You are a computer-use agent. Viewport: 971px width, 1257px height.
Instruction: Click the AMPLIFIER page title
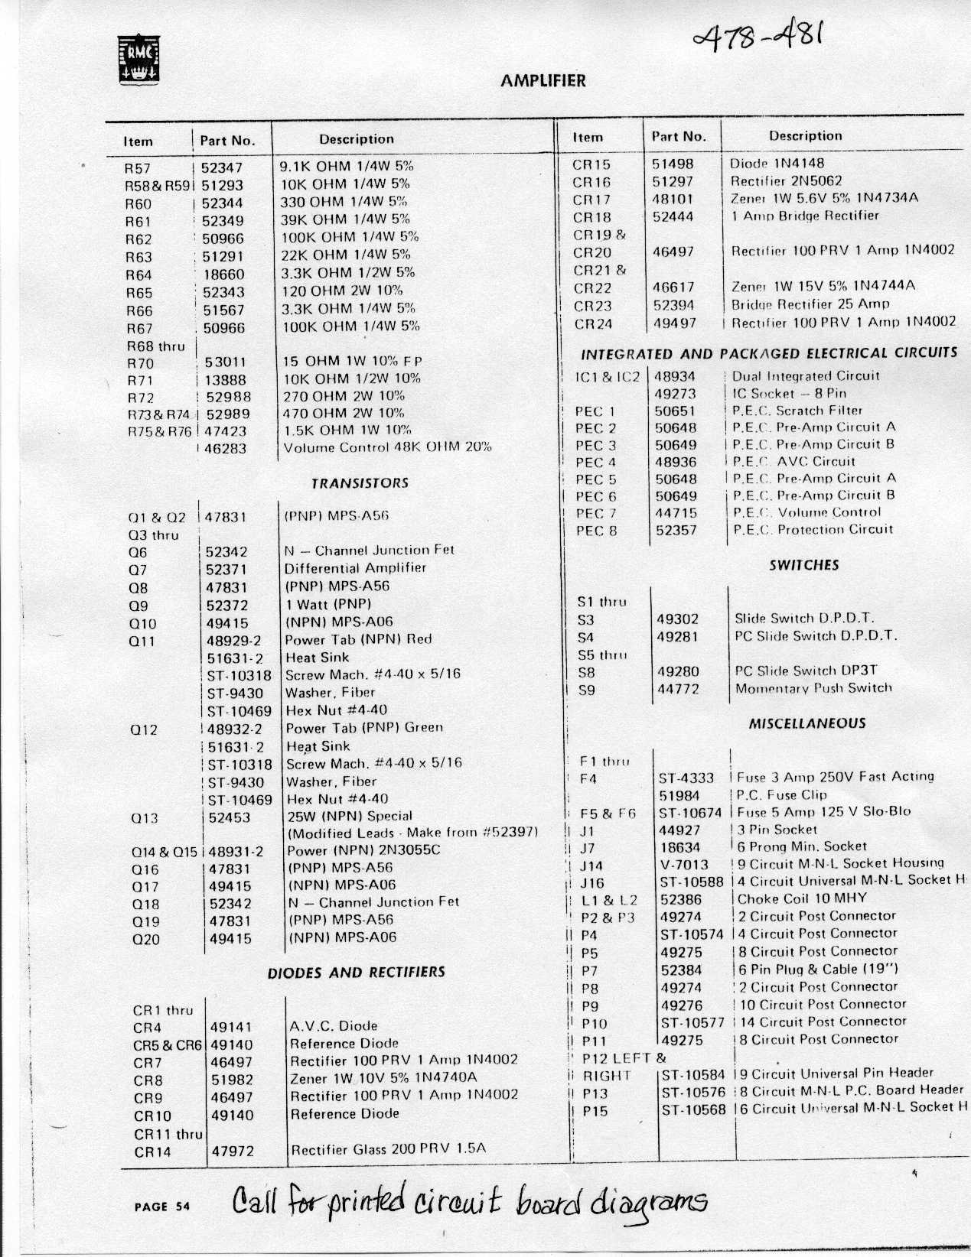(543, 81)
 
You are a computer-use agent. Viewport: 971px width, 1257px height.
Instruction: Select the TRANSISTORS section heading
(360, 483)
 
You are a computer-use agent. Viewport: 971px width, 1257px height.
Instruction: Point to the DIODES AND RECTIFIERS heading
(356, 973)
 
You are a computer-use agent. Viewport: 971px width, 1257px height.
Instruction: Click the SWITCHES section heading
(803, 566)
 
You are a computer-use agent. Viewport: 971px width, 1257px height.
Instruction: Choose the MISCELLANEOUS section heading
(807, 723)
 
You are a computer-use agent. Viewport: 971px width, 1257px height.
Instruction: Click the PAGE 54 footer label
(161, 1207)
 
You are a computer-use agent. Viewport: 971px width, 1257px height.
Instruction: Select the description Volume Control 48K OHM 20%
(387, 447)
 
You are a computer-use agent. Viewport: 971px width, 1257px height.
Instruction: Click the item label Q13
(145, 818)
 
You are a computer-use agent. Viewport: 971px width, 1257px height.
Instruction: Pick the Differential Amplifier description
(355, 568)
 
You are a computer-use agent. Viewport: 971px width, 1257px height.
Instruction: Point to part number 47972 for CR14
(232, 1150)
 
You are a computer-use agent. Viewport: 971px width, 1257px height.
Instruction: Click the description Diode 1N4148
(777, 164)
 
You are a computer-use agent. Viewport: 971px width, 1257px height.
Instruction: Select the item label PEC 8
(596, 531)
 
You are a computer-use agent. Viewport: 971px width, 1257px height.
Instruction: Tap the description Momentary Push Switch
(813, 688)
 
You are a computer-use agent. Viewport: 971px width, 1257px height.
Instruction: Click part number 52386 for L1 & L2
(681, 899)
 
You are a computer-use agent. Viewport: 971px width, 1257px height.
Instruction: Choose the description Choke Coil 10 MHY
(802, 898)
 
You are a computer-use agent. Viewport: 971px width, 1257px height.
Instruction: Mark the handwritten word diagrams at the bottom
(647, 1202)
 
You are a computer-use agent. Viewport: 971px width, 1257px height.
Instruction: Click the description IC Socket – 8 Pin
(789, 394)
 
